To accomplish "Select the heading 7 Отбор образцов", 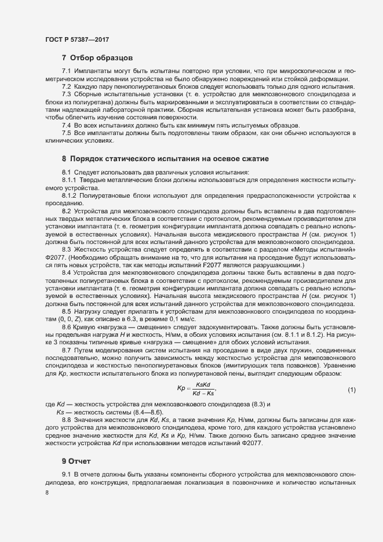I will pyautogui.click(x=98, y=58).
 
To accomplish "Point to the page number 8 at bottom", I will pyautogui.click(x=47, y=492).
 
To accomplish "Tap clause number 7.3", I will pyautogui.click(x=66, y=94).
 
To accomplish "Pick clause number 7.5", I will pyautogui.click(x=66, y=133).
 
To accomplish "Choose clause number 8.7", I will pyautogui.click(x=66, y=350).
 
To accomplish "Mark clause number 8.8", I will pyautogui.click(x=66, y=419).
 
